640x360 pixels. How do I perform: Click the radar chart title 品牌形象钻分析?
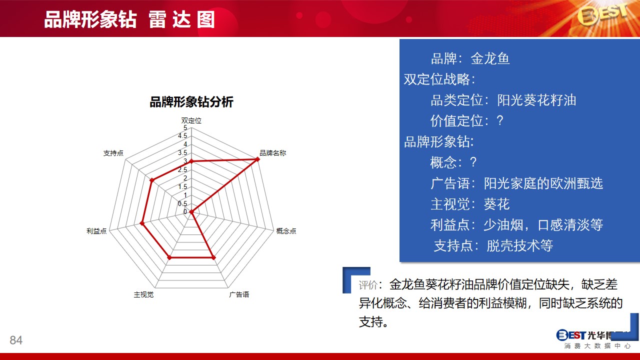191,102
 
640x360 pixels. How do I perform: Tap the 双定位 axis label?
191,120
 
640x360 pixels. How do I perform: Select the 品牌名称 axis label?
272,153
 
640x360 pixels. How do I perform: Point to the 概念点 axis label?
286,231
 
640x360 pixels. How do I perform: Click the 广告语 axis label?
239,294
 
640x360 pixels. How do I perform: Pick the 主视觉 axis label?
143,294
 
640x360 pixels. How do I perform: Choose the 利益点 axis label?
96,231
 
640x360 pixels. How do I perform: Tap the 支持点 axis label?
113,153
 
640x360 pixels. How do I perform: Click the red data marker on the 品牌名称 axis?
257,159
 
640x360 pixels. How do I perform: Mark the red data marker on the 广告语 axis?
213,257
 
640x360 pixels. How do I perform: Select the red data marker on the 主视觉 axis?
169,257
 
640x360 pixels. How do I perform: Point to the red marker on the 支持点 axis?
152,180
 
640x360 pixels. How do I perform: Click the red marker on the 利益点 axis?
142,223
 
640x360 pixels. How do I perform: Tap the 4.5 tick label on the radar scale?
182,135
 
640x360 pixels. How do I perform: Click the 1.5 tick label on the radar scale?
182,186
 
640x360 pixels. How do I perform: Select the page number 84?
16,340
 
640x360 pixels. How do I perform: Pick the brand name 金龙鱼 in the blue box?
490,58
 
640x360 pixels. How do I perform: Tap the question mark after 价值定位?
500,120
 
